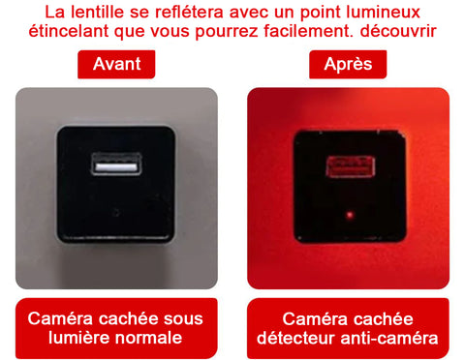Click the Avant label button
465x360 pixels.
[x=116, y=64]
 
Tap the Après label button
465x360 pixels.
[x=348, y=64]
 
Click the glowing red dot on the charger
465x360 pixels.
[x=350, y=215]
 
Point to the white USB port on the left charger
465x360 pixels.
[x=116, y=165]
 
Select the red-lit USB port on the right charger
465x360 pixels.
[x=351, y=166]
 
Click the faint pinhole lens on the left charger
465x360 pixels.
[x=116, y=213]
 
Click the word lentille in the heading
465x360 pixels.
[x=97, y=12]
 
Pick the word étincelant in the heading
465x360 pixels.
[x=69, y=31]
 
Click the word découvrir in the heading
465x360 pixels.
[x=398, y=31]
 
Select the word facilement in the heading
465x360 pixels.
[x=308, y=31]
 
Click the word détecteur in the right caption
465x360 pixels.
[x=296, y=338]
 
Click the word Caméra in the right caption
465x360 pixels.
[x=312, y=319]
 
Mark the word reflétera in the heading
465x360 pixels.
[x=189, y=12]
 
